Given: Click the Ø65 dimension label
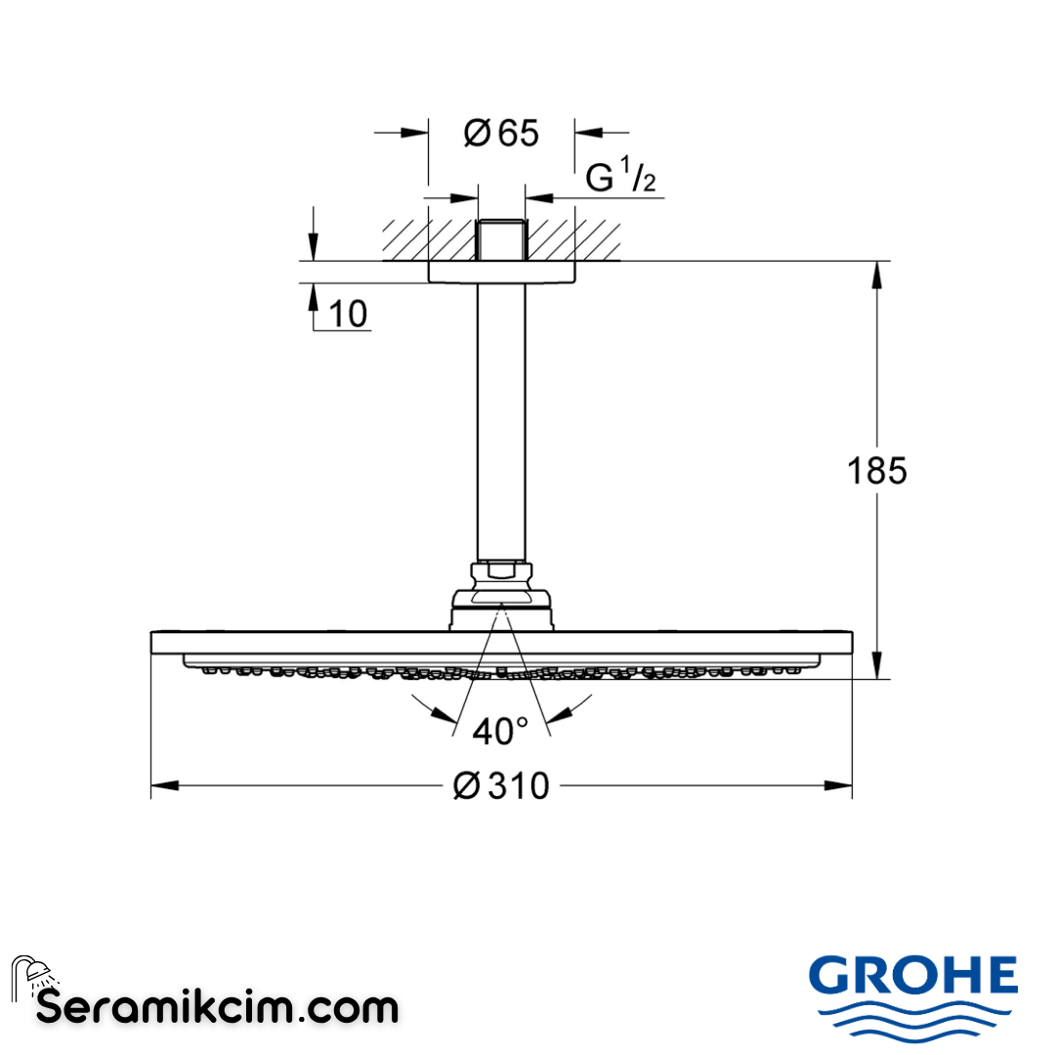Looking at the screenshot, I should [501, 133].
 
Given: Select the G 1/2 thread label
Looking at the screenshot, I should [620, 178].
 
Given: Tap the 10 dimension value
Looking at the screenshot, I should [349, 314].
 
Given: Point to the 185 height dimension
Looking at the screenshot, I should [876, 471].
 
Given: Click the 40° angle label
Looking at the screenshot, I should [500, 730].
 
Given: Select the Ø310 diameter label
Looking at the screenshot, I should [501, 784].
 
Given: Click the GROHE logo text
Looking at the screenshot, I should [913, 974].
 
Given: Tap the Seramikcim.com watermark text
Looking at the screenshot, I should [217, 1006].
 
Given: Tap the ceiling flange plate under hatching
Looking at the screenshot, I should [501, 273].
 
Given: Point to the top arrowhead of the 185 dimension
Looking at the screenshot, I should [876, 274].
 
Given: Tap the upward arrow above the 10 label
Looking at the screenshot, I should [315, 295].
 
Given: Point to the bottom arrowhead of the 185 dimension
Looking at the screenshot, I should [876, 666].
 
